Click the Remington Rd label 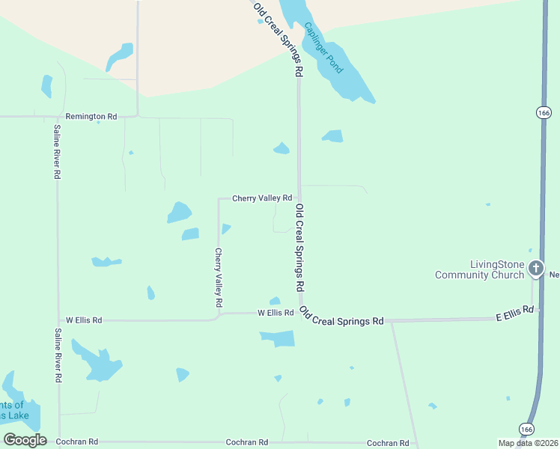91,117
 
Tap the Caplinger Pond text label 323,47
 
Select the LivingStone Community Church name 480,269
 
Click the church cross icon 535,267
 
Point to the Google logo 25,440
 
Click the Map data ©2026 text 529,442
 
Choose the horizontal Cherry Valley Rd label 261,198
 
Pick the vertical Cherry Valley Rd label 219,278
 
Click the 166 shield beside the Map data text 527,429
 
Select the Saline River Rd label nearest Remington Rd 56,150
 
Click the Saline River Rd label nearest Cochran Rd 58,355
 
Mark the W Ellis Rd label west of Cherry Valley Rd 84,320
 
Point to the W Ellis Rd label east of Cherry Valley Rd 276,312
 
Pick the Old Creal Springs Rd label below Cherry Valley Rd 299,247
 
